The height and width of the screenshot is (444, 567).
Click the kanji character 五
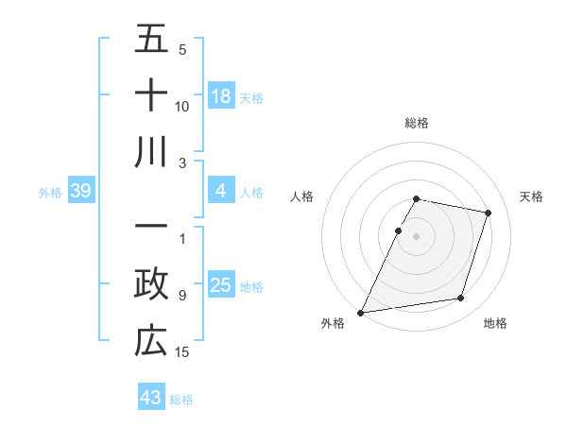click(x=151, y=40)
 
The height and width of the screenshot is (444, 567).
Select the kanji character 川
click(x=151, y=151)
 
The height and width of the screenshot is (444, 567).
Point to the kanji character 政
click(x=151, y=284)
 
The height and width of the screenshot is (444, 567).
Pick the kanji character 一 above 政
click(x=151, y=228)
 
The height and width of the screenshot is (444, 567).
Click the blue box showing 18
click(x=221, y=96)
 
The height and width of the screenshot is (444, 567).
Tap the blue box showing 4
click(x=221, y=192)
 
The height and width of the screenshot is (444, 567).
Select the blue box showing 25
click(x=221, y=285)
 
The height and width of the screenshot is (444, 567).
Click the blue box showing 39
click(x=80, y=192)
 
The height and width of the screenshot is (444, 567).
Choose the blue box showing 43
click(x=151, y=398)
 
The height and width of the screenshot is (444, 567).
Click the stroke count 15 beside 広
click(x=182, y=352)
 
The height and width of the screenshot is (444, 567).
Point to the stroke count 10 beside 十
click(x=182, y=106)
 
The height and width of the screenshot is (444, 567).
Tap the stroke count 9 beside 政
click(x=182, y=295)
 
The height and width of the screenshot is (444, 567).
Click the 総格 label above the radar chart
click(x=417, y=123)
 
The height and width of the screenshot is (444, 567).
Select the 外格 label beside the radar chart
click(x=333, y=324)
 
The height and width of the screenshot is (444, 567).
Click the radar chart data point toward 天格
click(x=488, y=213)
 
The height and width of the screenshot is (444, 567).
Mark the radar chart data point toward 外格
click(x=361, y=312)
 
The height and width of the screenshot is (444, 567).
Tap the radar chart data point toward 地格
click(x=460, y=299)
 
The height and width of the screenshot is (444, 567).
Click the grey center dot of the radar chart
click(x=417, y=236)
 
